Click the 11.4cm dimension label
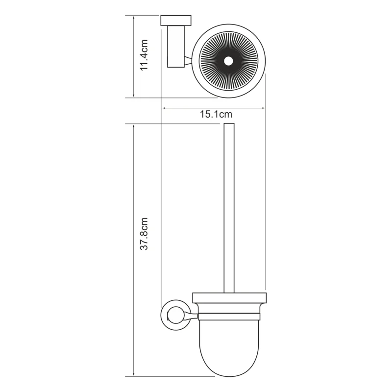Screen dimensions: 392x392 point(144,55)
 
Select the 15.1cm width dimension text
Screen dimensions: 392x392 point(216,115)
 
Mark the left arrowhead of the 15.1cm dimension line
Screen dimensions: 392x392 point(164,108)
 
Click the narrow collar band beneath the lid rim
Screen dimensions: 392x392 point(229,309)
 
